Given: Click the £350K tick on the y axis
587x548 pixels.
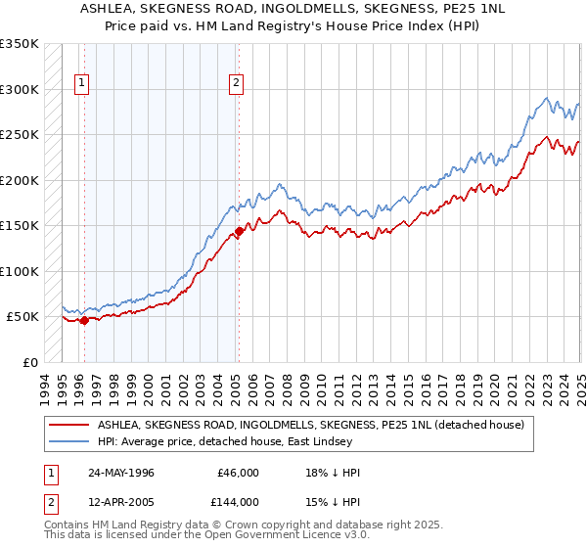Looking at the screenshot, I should coord(20,44).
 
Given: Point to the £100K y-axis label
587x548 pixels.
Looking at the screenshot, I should coord(20,271).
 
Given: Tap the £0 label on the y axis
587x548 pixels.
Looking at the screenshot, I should coord(28,362).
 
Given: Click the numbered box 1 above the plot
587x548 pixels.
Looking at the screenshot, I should coord(81,84).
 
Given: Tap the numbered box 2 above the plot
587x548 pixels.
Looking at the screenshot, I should coord(237,84).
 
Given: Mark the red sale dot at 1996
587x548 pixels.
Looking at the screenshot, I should coord(84,320).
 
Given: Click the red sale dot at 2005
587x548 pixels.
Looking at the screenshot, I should coord(239,232).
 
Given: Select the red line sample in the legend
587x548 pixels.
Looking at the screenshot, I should coord(69,425).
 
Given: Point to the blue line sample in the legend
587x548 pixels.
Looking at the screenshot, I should coord(69,442).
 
